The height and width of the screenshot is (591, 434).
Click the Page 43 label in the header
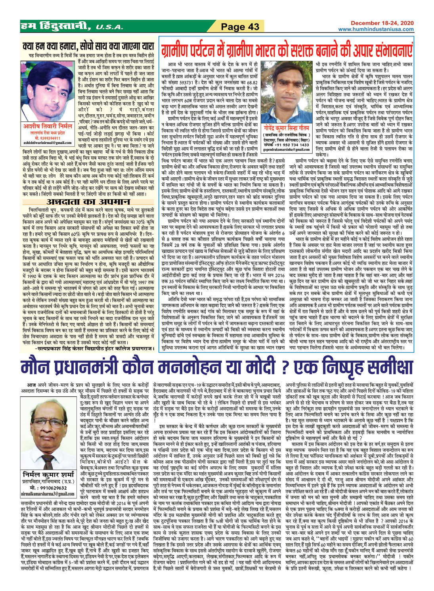coord(240,27)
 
